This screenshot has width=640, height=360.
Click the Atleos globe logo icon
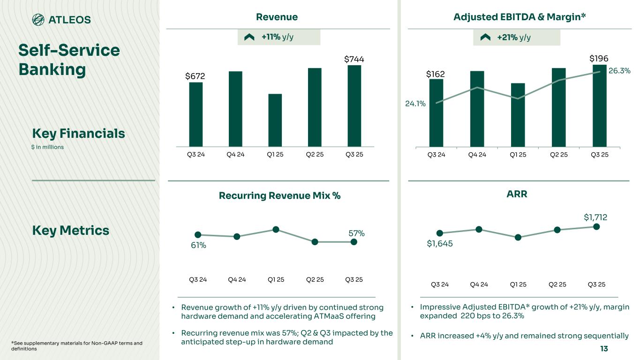coord(38,20)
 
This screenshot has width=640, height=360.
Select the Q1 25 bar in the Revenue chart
coord(275,120)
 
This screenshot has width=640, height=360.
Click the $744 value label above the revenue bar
coord(354,60)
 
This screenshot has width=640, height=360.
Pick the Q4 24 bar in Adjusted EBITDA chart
coord(477,109)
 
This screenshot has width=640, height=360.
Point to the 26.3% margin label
coord(619,71)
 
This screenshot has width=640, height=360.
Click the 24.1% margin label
coord(415,104)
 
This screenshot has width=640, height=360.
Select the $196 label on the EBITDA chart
coord(599,59)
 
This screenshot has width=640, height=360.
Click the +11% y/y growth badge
coord(279,37)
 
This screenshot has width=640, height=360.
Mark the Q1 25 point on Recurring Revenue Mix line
coord(276,229)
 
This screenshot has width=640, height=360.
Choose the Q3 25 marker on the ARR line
coord(596,227)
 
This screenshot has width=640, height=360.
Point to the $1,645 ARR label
coord(440,243)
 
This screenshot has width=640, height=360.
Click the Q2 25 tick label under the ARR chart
coord(557,284)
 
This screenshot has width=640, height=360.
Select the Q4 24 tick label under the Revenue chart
coord(237,154)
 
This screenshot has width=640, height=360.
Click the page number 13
coord(604,349)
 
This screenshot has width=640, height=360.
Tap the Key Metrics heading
coord(70,231)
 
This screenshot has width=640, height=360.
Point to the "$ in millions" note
coord(48,147)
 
